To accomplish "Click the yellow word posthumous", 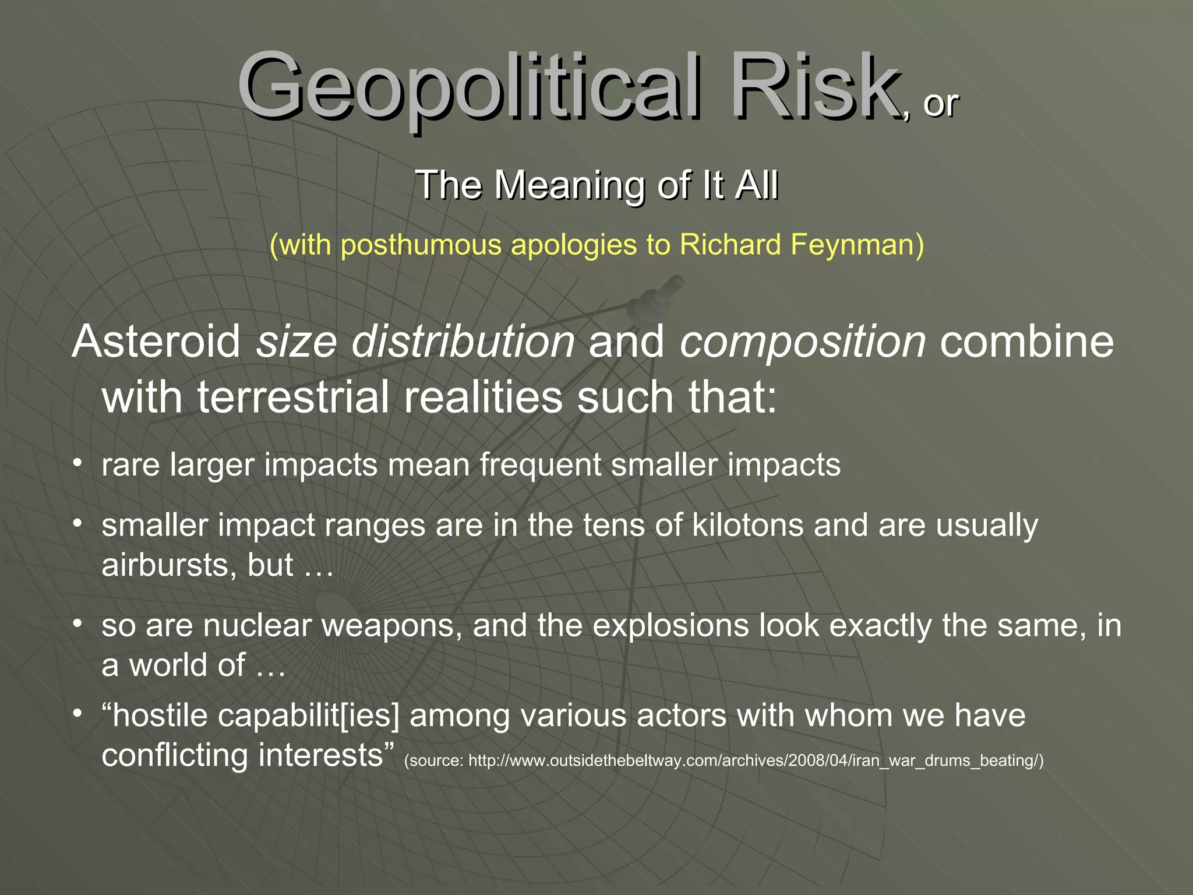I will coord(421,245).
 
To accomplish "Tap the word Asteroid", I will coord(156,341).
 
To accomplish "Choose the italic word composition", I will coord(803,343).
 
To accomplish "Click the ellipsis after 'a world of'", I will coord(271,666).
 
